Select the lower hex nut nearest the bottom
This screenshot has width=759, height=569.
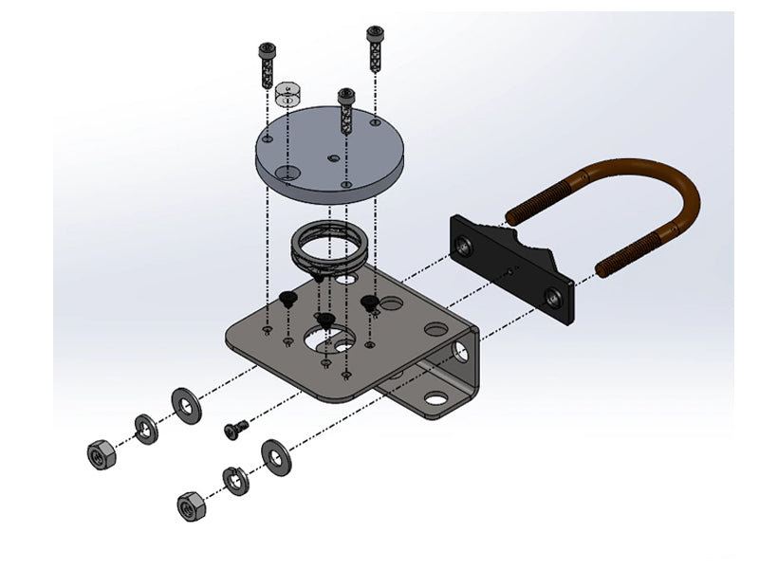(191, 505)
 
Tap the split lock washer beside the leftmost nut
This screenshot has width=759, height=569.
(145, 429)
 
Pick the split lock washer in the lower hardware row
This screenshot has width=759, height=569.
(236, 481)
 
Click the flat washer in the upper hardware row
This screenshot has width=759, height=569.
(186, 405)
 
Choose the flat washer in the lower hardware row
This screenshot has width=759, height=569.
(276, 456)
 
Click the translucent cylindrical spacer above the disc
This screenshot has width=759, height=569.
(287, 95)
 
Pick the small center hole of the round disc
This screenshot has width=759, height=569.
(332, 157)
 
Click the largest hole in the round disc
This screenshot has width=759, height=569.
(288, 172)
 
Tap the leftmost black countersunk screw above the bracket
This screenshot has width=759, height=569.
(287, 301)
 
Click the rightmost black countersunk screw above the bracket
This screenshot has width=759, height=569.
(371, 303)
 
